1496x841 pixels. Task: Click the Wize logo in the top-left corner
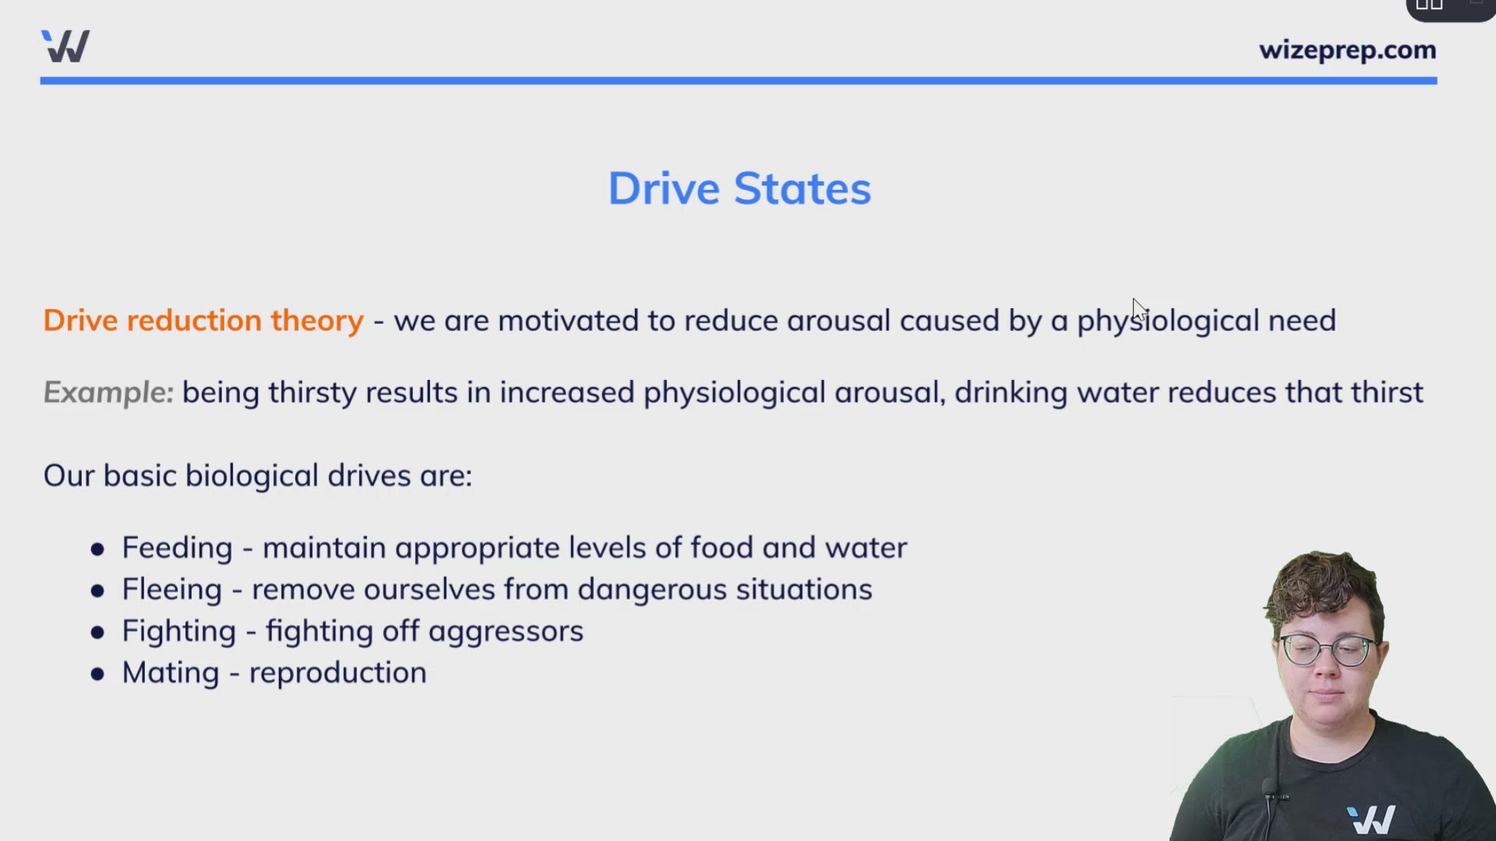click(x=65, y=46)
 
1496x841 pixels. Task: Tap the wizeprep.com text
click(x=1347, y=50)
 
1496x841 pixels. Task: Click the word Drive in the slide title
click(x=664, y=188)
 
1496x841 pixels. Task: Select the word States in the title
click(x=803, y=188)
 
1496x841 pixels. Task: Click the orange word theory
click(x=317, y=321)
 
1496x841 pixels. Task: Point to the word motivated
click(x=568, y=321)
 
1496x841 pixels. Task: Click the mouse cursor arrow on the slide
click(x=1138, y=308)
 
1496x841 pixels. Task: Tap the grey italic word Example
click(x=108, y=392)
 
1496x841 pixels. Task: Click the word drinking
click(x=1011, y=392)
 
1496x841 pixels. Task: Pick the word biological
click(x=252, y=476)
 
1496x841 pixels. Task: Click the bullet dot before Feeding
click(x=97, y=550)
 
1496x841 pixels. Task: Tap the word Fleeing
click(x=171, y=590)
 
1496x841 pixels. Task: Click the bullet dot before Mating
click(x=97, y=674)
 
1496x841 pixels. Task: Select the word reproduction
click(x=337, y=674)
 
